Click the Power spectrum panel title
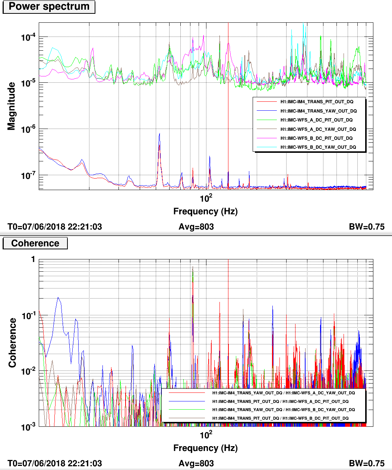(49, 7)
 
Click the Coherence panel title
(35, 243)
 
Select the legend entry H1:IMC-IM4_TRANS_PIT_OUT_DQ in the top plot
(317, 102)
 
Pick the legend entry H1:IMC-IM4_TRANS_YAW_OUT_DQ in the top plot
(319, 111)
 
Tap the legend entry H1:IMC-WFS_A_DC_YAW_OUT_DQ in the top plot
(318, 129)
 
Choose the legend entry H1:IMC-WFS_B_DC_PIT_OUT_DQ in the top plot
(316, 138)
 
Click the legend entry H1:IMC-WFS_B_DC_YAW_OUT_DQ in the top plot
(318, 147)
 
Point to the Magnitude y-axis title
(12, 106)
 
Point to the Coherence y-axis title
(12, 343)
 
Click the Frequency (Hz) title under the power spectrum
(205, 212)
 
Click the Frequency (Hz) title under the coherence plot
(205, 448)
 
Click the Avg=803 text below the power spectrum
(196, 227)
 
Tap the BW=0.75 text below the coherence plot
(366, 463)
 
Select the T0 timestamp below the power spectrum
(54, 227)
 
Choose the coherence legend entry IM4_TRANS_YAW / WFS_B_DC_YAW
(284, 410)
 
